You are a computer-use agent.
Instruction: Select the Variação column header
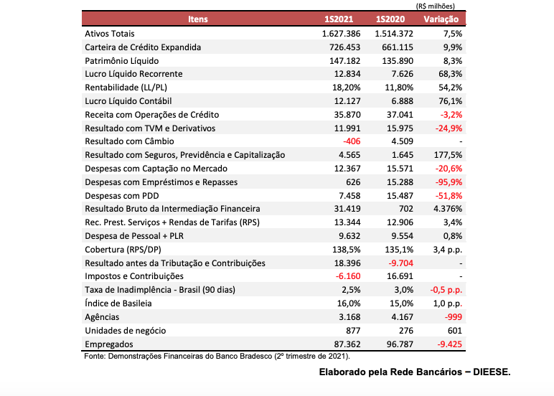coord(441,19)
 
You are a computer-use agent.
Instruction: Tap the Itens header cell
coord(198,19)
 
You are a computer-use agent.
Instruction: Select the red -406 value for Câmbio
coord(352,141)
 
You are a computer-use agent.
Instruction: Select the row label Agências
coord(101,317)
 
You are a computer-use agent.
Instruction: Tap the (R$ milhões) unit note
coord(440,6)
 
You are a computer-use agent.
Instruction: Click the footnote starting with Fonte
coord(217,356)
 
